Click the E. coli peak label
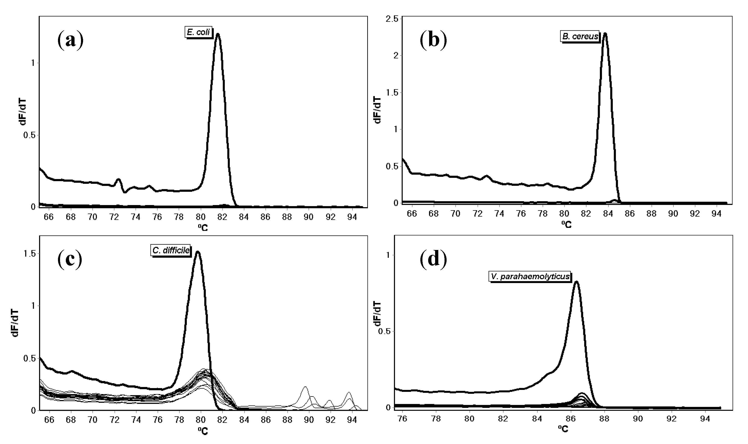[199, 32]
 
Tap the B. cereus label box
[580, 37]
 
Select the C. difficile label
[171, 250]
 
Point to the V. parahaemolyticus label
[530, 276]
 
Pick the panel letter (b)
[433, 40]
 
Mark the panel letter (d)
[433, 259]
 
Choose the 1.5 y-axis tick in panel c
[29, 254]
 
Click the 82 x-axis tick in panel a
[222, 217]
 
